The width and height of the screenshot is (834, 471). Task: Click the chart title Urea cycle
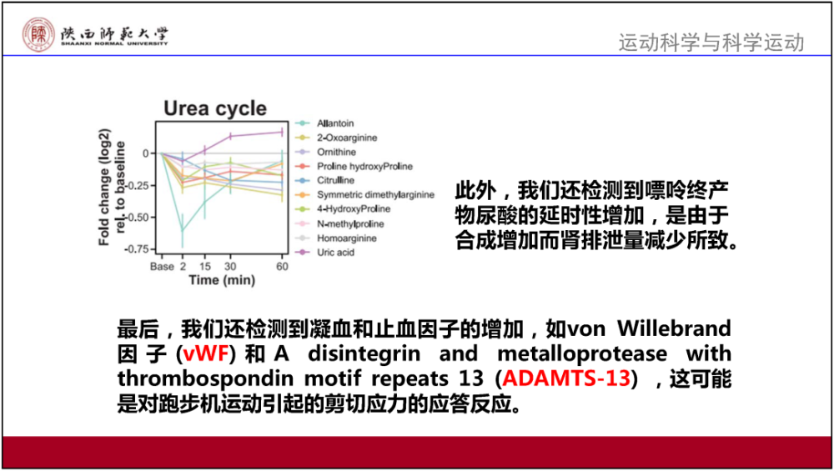point(215,108)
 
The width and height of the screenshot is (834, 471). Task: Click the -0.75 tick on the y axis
point(138,249)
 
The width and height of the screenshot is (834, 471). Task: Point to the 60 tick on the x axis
point(283,266)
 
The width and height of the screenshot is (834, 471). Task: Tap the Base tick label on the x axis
point(162,266)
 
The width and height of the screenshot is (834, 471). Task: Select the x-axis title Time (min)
point(222,280)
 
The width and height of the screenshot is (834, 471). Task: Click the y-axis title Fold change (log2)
point(104,187)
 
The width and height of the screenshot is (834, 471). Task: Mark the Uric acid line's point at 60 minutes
point(282,133)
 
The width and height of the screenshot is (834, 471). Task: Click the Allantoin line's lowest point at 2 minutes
point(183,231)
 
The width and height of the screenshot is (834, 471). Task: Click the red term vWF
point(206,353)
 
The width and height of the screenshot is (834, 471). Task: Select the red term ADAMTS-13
point(566,378)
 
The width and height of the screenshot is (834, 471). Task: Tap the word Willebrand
point(674,328)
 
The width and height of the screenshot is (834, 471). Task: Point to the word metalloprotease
point(582,354)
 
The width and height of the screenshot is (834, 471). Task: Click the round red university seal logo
point(38,34)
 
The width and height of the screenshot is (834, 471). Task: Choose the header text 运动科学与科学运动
point(711,43)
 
